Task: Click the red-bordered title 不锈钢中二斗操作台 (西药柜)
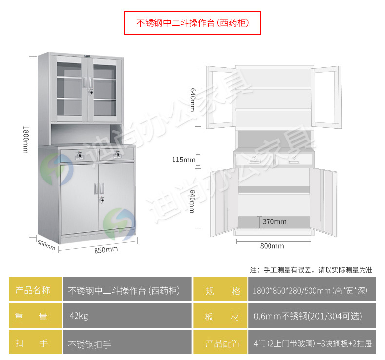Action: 192,23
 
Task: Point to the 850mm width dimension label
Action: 106,249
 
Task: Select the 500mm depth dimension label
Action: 46,244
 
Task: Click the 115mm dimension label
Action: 184,160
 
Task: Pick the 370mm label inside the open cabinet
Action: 274,221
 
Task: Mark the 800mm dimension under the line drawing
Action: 272,246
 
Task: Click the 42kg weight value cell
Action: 128,316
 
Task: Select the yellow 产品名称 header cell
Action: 36,291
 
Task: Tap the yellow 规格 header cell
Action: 220,291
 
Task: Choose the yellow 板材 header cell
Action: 220,316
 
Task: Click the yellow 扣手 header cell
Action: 36,343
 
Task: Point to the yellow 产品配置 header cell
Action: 220,343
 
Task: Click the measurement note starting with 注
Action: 311,270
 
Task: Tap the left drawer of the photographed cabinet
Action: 78,155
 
